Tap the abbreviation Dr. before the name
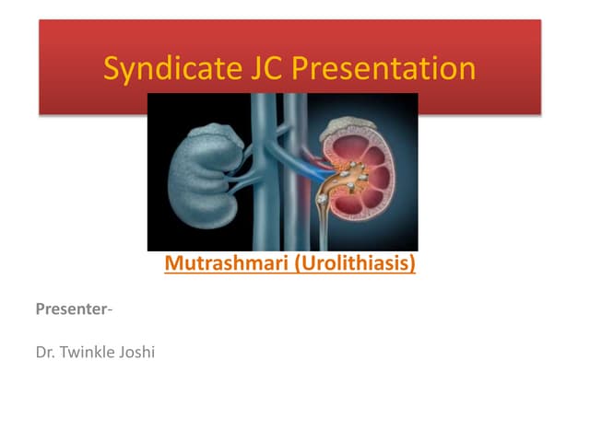coord(45,351)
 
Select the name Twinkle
coord(85,351)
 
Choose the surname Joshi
coord(135,351)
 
